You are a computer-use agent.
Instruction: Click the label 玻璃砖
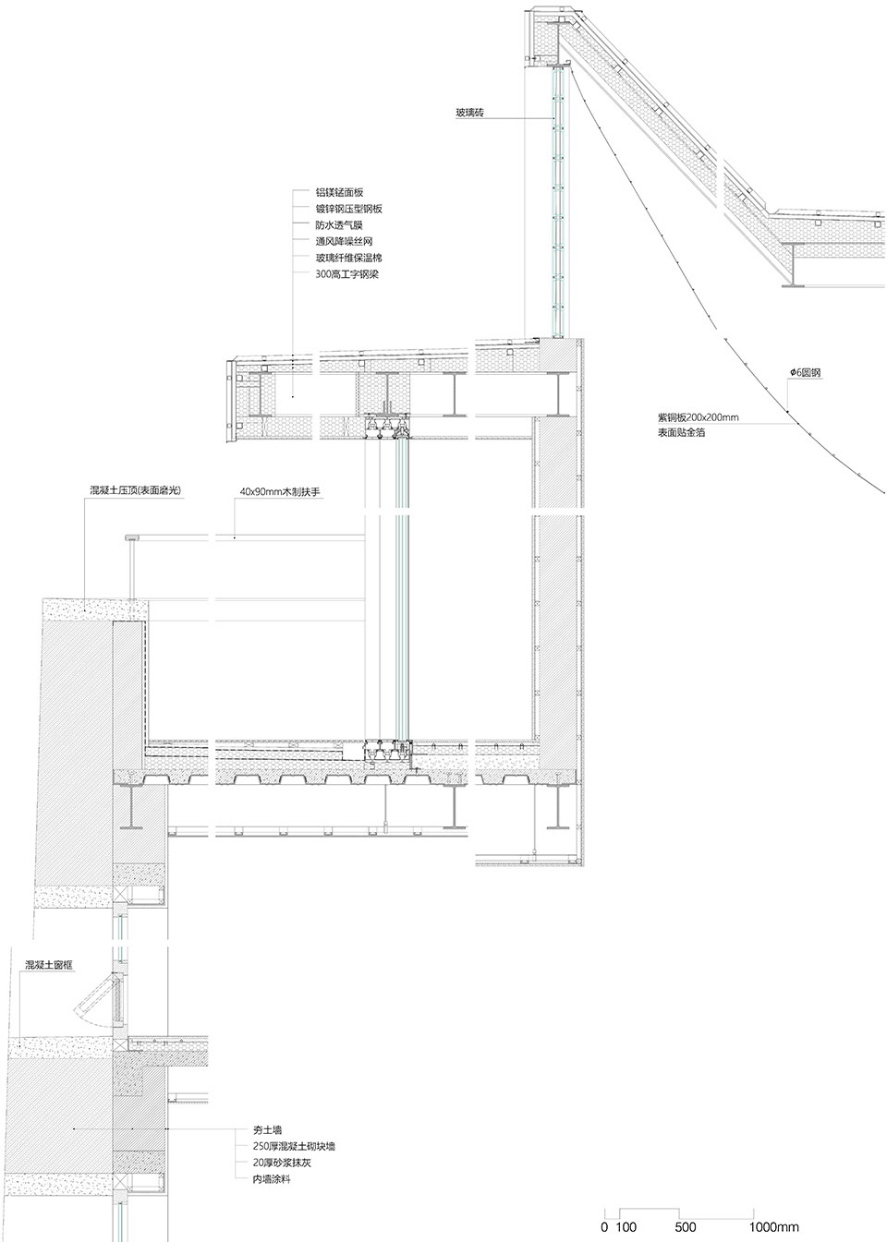(470, 113)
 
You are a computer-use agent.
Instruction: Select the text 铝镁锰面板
(339, 192)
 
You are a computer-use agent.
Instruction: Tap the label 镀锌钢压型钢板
(349, 209)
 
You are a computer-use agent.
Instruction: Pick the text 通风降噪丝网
(345, 241)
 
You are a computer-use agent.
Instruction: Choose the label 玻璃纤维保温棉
(349, 258)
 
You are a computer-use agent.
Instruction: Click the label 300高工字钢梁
(347, 274)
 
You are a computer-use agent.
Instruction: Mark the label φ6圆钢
(806, 373)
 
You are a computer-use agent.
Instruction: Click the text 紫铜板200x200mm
(698, 417)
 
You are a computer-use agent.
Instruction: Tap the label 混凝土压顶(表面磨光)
(135, 490)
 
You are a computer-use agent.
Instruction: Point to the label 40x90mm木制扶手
(280, 491)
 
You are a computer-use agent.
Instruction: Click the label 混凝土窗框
(49, 965)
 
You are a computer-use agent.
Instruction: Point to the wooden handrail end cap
(131, 537)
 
